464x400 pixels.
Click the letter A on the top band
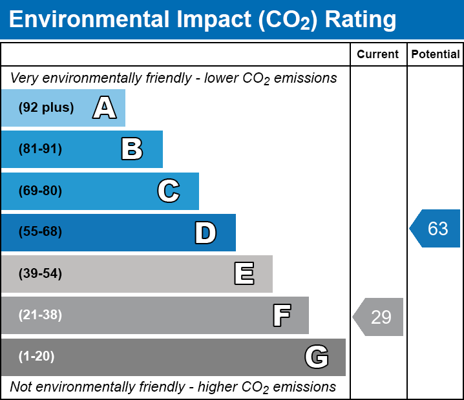[x=105, y=107]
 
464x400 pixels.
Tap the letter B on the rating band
[x=132, y=149]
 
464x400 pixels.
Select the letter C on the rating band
[x=169, y=191]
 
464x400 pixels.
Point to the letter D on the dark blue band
[x=206, y=233]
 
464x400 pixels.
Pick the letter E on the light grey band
[x=244, y=273]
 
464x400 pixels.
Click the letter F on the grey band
[x=282, y=315]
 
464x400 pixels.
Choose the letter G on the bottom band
[x=317, y=357]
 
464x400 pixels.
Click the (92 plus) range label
[x=46, y=107]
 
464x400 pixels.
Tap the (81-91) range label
[x=40, y=149]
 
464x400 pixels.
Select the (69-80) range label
[x=40, y=191]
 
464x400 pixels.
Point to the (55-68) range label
[x=40, y=231]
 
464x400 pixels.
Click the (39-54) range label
[x=40, y=273]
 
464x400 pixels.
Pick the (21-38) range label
[x=40, y=315]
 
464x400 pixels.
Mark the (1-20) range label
[x=36, y=356]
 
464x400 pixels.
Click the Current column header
[x=377, y=54]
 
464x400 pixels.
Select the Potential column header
[x=436, y=54]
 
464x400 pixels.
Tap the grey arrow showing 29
[x=378, y=317]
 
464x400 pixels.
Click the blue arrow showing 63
[x=435, y=228]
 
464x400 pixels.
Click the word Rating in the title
[x=361, y=20]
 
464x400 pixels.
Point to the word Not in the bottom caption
[x=21, y=386]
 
